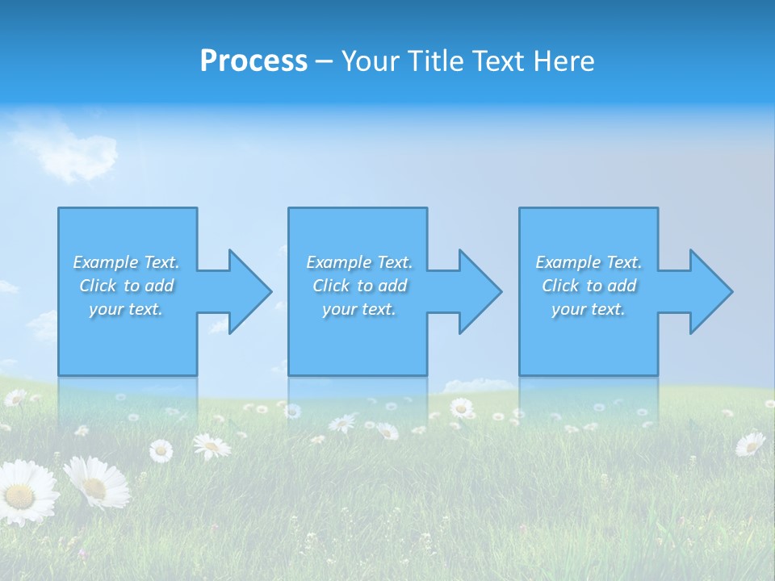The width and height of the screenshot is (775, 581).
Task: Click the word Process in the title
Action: tap(253, 61)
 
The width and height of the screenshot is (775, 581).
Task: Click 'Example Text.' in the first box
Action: tap(126, 262)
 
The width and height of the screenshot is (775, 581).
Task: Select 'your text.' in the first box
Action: tap(126, 309)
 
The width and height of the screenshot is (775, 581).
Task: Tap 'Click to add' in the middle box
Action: tap(359, 286)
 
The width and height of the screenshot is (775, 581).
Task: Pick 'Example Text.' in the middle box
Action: tap(359, 262)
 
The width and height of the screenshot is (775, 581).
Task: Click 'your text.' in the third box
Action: tap(589, 309)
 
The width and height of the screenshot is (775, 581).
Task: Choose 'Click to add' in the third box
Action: tap(589, 286)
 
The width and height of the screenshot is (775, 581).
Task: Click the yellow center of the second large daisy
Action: tap(95, 487)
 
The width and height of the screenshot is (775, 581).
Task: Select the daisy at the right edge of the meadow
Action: tap(750, 444)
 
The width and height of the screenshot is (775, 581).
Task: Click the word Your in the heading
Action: tap(369, 61)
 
